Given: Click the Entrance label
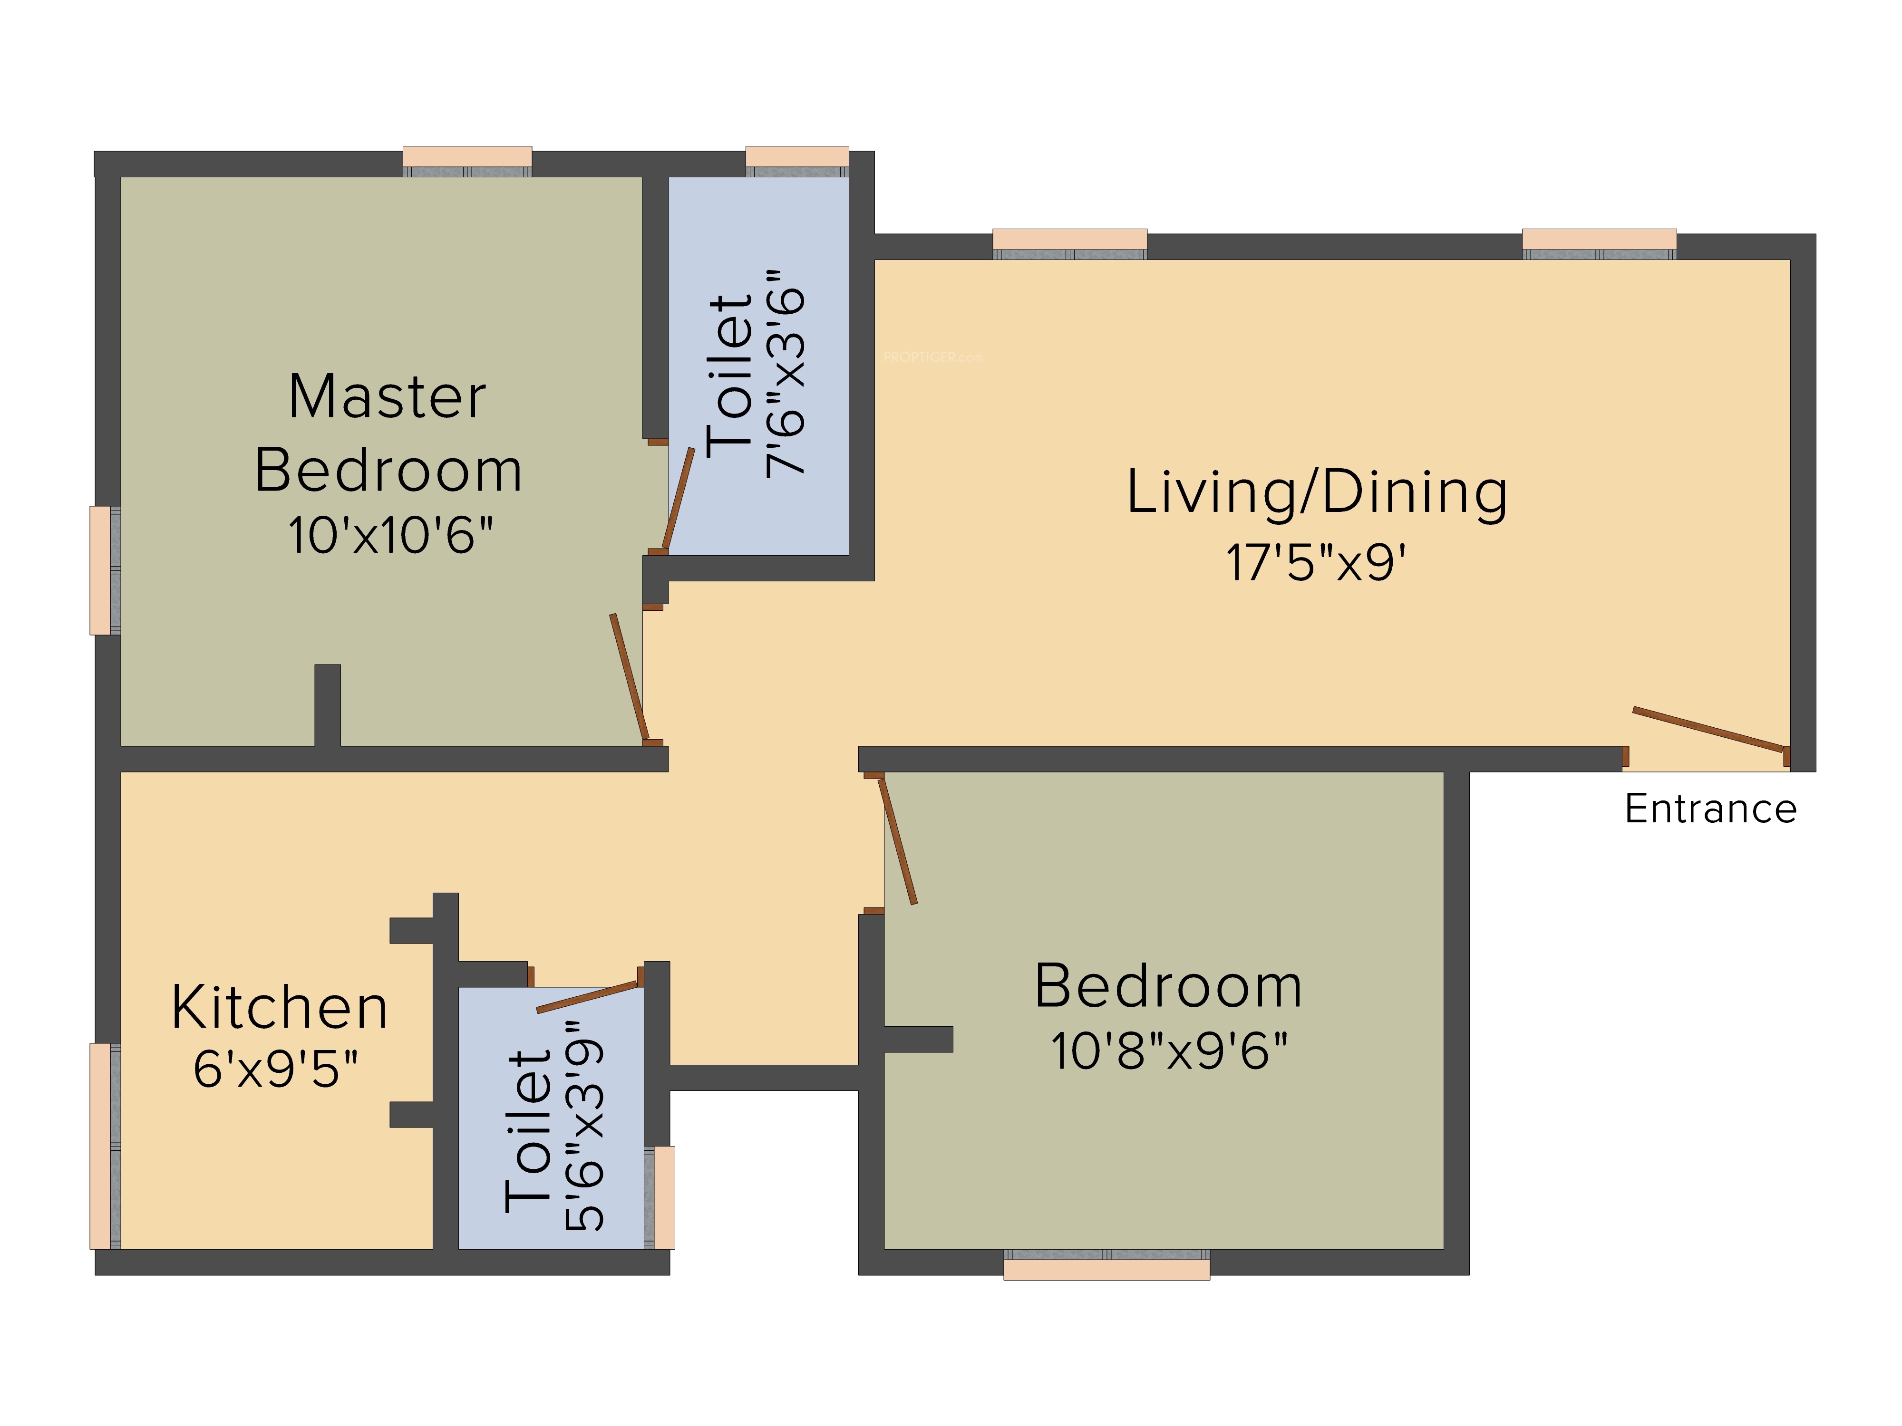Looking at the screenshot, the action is (1710, 809).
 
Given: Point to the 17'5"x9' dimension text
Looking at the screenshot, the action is (1316, 563).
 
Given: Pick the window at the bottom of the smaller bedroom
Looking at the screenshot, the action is (1106, 1264).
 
